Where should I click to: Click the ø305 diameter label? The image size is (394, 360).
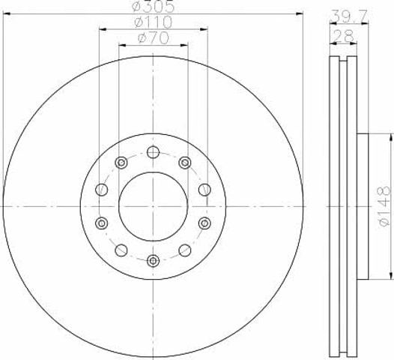(153, 6)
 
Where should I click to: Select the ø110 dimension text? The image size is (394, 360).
(153, 22)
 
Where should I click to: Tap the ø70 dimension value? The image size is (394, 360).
(154, 38)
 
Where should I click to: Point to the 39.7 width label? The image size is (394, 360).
(349, 16)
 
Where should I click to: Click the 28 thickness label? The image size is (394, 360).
(343, 37)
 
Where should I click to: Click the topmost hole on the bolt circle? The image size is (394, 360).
(153, 152)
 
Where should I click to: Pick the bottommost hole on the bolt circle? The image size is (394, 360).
(153, 261)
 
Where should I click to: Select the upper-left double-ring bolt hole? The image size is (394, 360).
(121, 163)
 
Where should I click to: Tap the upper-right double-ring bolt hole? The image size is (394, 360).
(185, 163)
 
